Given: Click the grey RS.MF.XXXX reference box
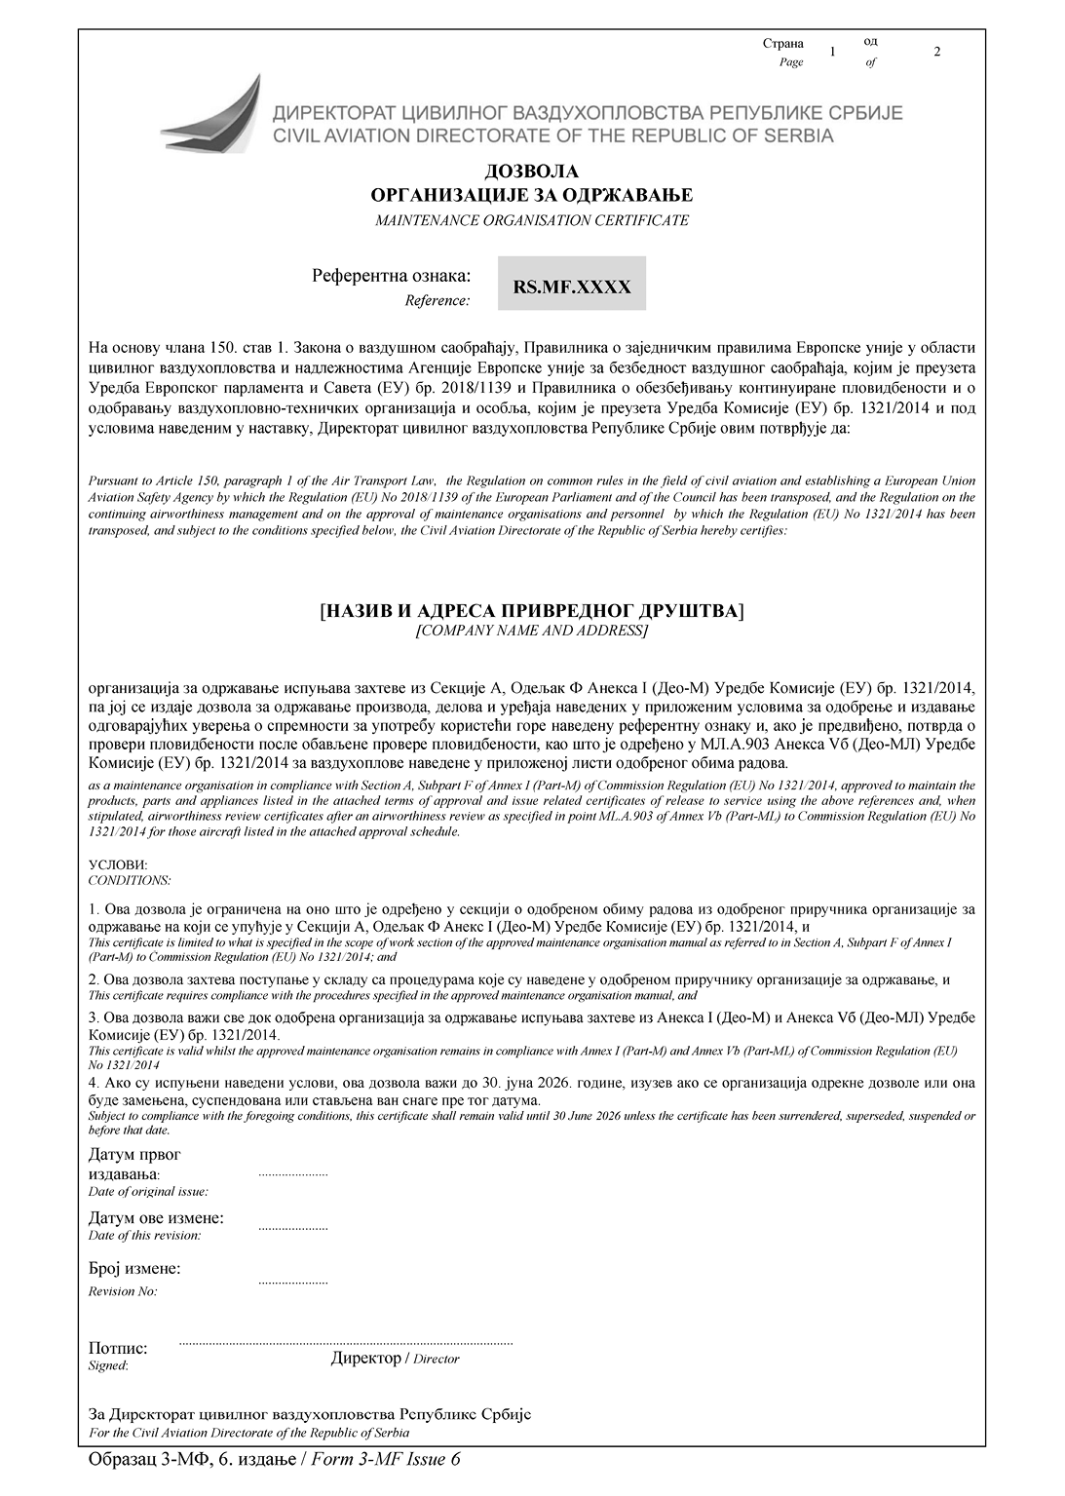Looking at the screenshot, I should tap(571, 284).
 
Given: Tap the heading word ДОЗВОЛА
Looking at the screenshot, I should tap(531, 173).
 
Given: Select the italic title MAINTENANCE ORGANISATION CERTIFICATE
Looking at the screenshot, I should tap(532, 220).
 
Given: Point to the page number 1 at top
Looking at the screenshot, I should tap(832, 52).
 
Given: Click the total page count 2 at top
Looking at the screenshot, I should tap(936, 52).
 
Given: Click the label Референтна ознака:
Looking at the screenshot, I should tap(391, 276).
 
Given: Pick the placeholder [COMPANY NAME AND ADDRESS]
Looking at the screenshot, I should tap(531, 631).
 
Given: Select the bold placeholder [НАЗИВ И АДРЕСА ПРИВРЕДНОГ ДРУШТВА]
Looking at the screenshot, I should tap(531, 611).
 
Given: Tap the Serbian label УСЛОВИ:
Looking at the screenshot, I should tap(118, 864).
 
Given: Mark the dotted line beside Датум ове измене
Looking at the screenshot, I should tap(292, 1229).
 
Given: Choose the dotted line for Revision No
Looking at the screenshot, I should tap(292, 1283).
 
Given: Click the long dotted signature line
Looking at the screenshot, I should tap(346, 1344).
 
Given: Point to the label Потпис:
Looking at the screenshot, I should tap(118, 1348).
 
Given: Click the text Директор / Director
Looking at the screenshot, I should tap(395, 1359).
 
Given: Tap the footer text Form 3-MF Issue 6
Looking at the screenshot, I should tap(386, 1459).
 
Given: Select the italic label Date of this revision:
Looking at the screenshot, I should tap(144, 1235).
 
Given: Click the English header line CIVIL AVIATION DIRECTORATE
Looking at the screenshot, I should tap(552, 135).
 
